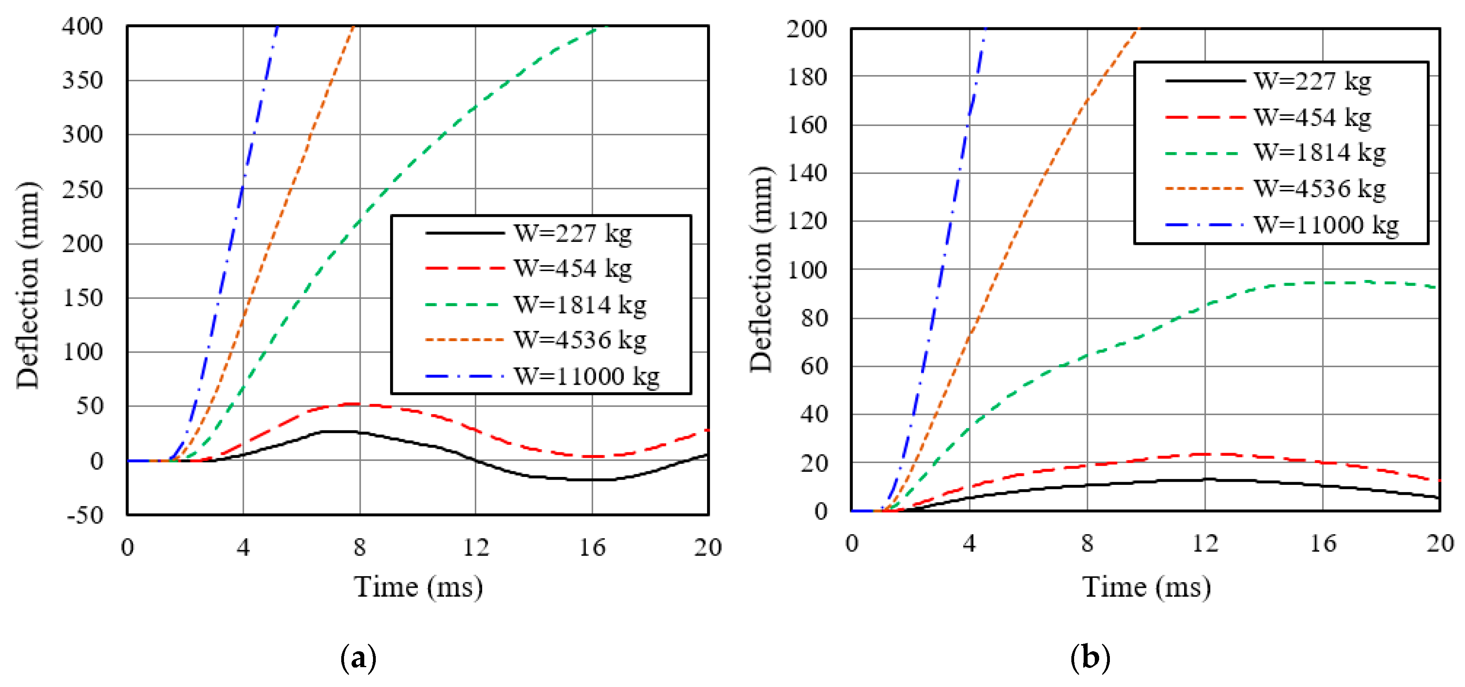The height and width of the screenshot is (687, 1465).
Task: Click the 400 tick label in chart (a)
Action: point(83,27)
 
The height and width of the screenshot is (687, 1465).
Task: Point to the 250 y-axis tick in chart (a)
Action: point(83,189)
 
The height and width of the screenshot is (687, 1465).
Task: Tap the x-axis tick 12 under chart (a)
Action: point(475,547)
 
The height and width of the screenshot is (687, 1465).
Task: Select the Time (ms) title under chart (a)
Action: point(419,587)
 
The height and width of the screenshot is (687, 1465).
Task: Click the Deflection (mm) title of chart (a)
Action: point(27,286)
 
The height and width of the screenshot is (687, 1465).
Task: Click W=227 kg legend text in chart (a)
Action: point(573,233)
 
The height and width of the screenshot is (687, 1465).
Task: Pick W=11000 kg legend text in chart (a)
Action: point(586,376)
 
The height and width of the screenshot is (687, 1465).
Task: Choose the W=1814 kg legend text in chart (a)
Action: point(580,305)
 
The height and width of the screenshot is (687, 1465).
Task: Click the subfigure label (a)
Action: point(358,658)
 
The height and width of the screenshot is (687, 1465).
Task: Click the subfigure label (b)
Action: point(1090,658)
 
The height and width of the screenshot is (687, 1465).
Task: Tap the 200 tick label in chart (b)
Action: point(807,29)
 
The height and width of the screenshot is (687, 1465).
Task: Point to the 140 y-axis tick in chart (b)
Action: point(807,173)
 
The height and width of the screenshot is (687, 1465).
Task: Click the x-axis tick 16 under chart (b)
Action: point(1323,544)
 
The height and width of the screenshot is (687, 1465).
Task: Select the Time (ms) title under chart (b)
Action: point(1146,587)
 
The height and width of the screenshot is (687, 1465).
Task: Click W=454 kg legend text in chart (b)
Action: point(1312,117)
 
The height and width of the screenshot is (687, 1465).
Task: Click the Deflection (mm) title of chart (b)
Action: point(761,270)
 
